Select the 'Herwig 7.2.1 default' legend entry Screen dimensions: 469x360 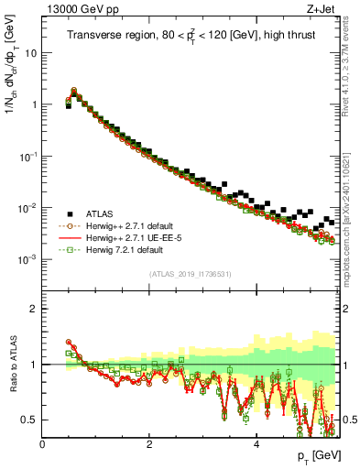click(x=127, y=249)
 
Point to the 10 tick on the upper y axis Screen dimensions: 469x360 click(x=32, y=52)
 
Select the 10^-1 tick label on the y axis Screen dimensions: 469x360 click(x=29, y=157)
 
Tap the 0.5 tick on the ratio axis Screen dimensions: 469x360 click(x=31, y=420)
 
